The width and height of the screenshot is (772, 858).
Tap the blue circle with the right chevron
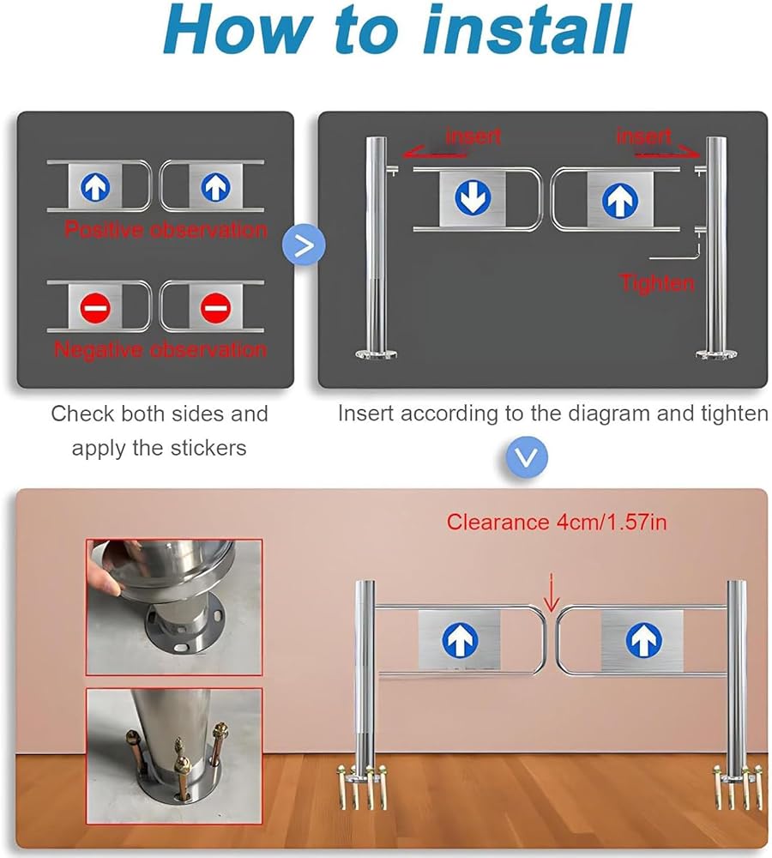[x=304, y=245]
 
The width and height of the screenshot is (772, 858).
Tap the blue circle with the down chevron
[x=527, y=457]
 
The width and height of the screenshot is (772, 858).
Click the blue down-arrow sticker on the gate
[x=473, y=198]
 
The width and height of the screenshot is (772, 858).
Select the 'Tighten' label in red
[x=656, y=283]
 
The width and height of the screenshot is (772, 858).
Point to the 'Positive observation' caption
[x=166, y=229]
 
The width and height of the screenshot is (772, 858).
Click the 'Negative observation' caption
[x=160, y=350]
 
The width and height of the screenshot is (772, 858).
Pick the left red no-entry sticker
[x=95, y=307]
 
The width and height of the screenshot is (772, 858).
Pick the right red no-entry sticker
[x=215, y=307]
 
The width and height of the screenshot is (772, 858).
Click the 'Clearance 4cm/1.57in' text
[x=557, y=522]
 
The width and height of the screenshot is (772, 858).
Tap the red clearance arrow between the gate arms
[x=552, y=593]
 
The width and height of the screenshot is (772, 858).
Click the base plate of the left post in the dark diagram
[x=376, y=354]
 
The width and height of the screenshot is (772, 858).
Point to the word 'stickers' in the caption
[x=208, y=448]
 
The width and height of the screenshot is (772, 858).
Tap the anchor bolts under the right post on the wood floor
[x=738, y=786]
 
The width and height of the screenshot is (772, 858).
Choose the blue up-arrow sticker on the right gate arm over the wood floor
[x=642, y=640]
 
